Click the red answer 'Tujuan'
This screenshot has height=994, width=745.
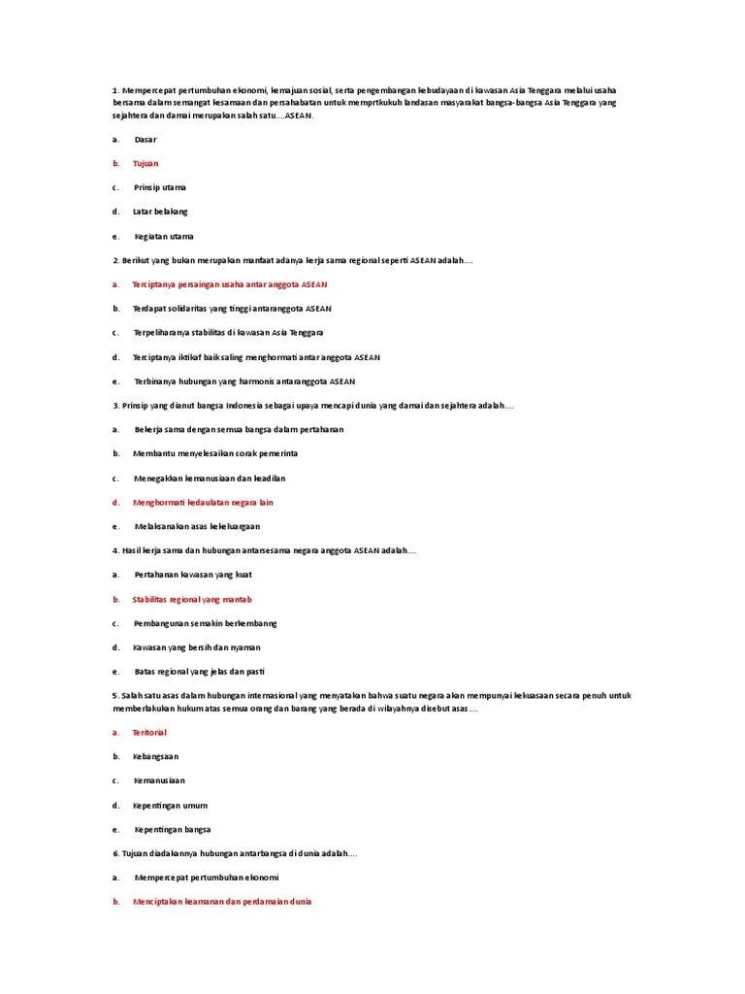(146, 163)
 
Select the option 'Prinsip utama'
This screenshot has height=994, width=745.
(160, 187)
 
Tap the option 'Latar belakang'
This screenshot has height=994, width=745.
(161, 212)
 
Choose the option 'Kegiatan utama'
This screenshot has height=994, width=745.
(164, 236)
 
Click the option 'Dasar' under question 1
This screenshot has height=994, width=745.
(146, 140)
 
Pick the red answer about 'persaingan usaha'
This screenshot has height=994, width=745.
(230, 284)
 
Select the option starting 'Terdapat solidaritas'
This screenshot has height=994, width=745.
(232, 309)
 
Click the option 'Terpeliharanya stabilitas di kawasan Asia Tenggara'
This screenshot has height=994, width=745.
(228, 333)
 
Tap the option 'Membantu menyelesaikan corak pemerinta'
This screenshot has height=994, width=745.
(215, 453)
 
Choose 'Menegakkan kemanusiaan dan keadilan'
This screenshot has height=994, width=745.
(210, 478)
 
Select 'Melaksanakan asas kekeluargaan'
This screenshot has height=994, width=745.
(198, 526)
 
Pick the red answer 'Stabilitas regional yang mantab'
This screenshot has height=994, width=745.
(192, 599)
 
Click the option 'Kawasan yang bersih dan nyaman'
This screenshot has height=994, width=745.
(197, 647)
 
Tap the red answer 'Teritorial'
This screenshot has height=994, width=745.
(149, 732)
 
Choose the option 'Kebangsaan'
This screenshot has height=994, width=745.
(155, 756)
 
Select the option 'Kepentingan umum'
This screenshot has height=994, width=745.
(170, 805)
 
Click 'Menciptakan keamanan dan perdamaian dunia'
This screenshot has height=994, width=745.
(222, 901)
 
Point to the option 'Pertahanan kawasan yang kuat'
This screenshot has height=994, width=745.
(193, 575)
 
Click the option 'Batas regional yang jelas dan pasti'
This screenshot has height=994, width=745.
(200, 672)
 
